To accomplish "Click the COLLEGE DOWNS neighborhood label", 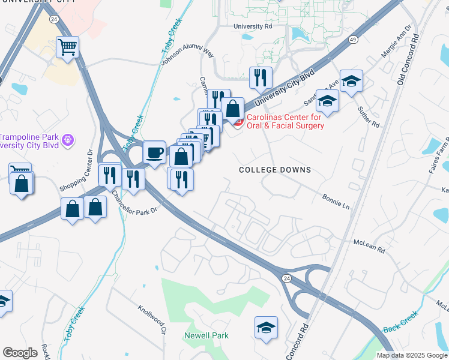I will click(x=275, y=170).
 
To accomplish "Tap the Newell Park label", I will click(x=206, y=335).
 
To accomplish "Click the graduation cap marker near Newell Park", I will click(x=266, y=328).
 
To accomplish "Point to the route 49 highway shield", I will click(x=353, y=40).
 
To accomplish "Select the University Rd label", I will click(x=257, y=26).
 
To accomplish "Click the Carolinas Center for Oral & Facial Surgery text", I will click(x=285, y=121).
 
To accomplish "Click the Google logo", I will click(x=20, y=353).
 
